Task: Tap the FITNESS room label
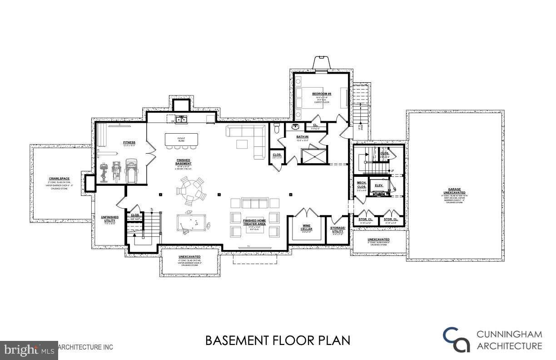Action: [129, 142]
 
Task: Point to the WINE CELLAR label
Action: [307, 227]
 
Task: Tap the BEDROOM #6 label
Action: [322, 94]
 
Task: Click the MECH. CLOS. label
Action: [362, 185]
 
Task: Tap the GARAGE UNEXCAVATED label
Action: [455, 192]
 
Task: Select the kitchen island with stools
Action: [181, 140]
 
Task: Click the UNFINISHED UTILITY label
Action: [110, 219]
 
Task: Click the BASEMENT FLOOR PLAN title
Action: [278, 340]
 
